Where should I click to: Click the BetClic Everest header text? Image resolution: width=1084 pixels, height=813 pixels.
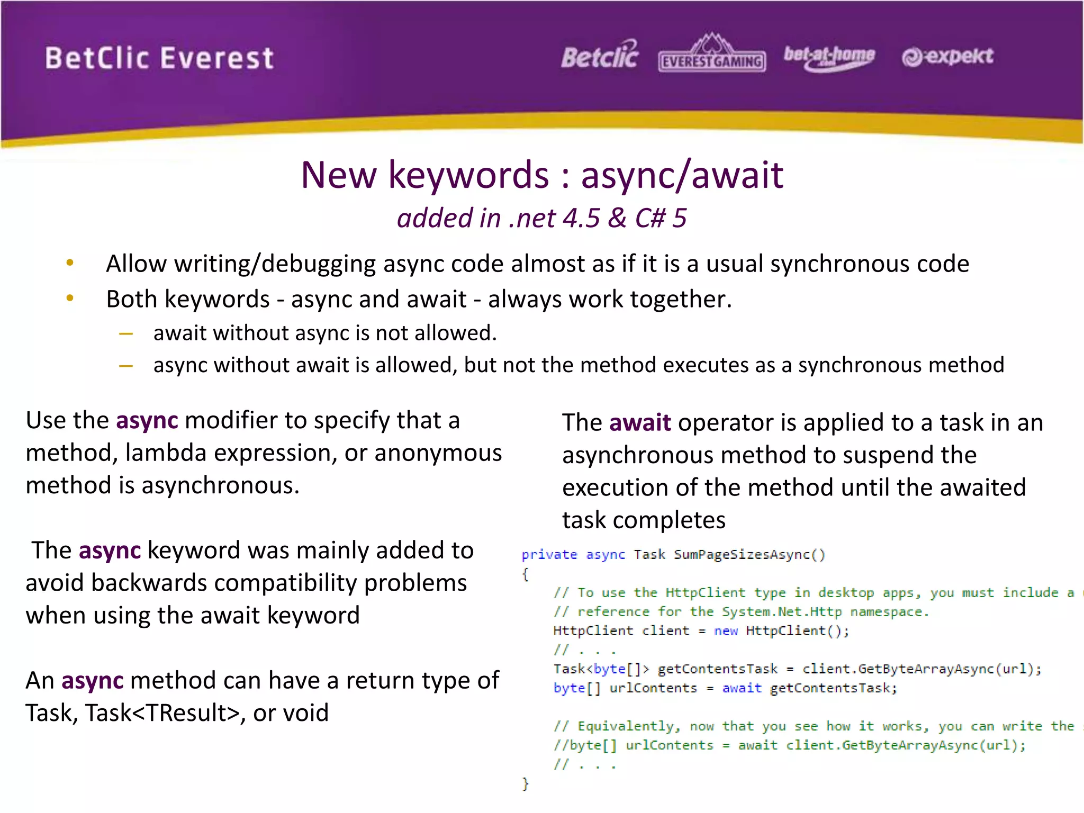(159, 58)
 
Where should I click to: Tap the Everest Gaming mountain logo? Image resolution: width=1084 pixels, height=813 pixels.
(712, 53)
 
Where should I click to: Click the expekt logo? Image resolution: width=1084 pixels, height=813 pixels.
(947, 56)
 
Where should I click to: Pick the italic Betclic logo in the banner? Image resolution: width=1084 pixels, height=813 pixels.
(600, 56)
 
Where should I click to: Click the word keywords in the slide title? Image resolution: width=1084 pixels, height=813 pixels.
(469, 175)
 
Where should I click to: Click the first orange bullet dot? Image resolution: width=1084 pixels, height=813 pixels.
(70, 263)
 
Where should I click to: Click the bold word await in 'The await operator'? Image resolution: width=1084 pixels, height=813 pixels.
(640, 423)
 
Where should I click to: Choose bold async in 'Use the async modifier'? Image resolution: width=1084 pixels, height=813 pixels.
(147, 421)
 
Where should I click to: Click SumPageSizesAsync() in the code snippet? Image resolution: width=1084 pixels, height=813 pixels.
(749, 555)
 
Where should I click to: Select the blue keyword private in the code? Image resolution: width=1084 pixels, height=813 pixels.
(549, 555)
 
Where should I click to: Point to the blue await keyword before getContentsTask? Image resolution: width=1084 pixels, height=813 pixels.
(742, 688)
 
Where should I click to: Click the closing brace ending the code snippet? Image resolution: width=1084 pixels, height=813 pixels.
(525, 783)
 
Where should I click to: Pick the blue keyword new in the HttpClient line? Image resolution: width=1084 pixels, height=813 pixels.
(725, 631)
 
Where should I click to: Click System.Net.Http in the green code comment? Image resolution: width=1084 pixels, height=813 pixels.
(782, 612)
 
